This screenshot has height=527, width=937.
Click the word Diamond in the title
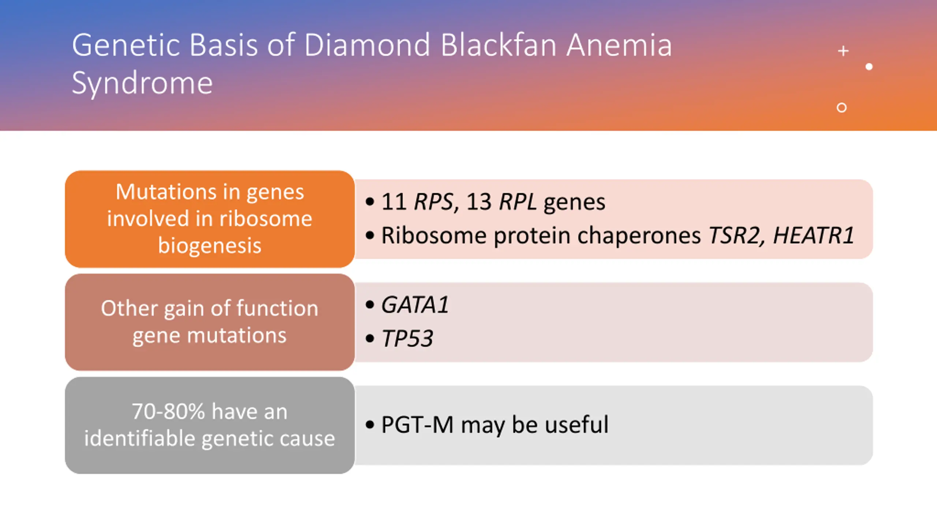tap(367, 45)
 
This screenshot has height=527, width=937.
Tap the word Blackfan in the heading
tap(498, 45)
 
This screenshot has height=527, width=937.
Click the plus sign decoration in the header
tap(843, 51)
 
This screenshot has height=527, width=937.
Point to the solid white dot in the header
tap(869, 67)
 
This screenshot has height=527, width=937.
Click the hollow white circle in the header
tap(841, 107)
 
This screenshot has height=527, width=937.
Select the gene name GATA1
tap(415, 305)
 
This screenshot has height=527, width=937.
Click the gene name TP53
tap(407, 338)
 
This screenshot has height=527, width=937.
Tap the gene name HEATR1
tap(814, 235)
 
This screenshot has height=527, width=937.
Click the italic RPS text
tap(433, 202)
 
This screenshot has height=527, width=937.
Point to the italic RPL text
tap(518, 202)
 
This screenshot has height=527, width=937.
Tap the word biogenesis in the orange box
tap(210, 246)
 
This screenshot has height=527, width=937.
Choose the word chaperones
tap(639, 236)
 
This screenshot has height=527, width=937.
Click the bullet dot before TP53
tap(370, 339)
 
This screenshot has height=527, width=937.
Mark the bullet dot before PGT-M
tap(370, 425)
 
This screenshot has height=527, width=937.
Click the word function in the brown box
tap(277, 308)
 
